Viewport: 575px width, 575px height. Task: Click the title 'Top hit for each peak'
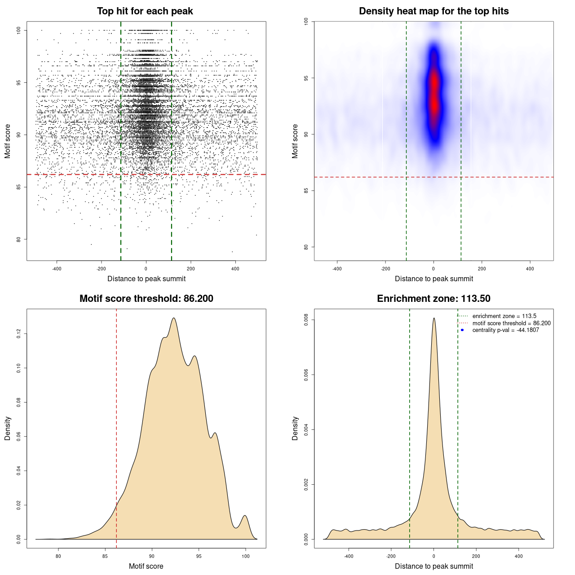point(145,11)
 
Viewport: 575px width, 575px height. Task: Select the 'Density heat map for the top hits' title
point(433,11)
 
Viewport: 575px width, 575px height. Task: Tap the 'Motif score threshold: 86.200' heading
point(146,299)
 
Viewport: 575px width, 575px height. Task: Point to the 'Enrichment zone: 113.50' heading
point(433,299)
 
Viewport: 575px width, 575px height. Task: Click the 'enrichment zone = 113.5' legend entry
point(504,316)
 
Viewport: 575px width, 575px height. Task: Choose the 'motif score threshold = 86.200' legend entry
point(511,323)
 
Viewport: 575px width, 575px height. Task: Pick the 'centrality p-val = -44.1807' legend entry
point(505,330)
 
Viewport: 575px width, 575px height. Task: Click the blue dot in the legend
point(462,330)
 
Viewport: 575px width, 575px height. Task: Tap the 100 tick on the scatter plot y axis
point(19,30)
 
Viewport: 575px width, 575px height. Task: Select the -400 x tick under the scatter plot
point(57,269)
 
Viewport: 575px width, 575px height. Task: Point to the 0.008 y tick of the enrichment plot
point(306,320)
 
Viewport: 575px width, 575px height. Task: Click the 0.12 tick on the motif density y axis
point(19,334)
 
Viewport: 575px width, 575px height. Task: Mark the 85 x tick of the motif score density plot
point(105,556)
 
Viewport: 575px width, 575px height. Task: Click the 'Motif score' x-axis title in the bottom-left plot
point(146,566)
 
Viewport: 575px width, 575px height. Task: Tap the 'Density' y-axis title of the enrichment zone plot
point(295,428)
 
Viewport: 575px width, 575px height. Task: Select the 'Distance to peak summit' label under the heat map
point(433,279)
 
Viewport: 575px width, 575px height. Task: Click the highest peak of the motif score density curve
point(173,318)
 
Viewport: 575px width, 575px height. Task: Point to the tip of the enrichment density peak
point(434,318)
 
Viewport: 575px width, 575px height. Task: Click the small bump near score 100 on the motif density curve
point(245,516)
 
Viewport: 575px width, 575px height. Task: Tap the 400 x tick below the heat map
point(530,269)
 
